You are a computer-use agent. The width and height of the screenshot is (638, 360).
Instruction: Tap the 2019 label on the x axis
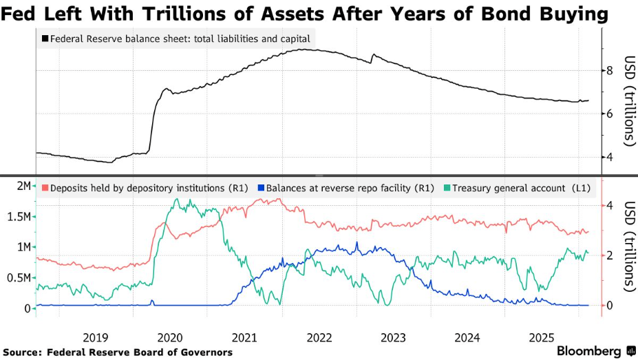pos(95,337)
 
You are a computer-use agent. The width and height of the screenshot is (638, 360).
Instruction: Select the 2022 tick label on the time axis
pos(319,337)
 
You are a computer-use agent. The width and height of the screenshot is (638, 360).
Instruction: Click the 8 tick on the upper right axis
pos(609,70)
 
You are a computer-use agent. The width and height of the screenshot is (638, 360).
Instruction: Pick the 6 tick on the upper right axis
pos(609,114)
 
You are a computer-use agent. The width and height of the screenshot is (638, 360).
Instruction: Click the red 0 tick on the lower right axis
pos(609,306)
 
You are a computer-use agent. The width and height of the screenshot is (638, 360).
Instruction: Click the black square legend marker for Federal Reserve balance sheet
pos(45,39)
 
